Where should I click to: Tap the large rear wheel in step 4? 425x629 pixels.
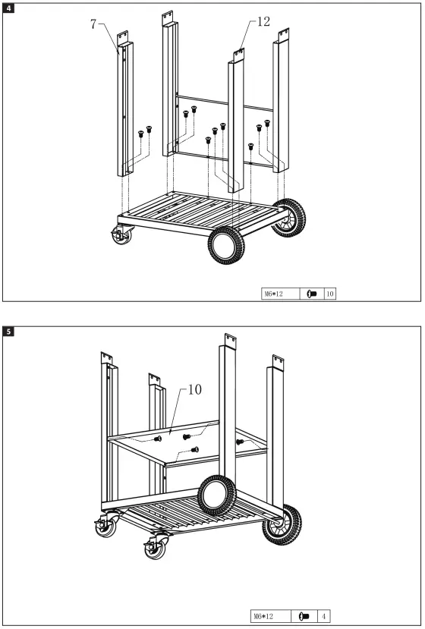point(288,217)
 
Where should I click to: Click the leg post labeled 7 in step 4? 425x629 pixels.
point(124,106)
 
